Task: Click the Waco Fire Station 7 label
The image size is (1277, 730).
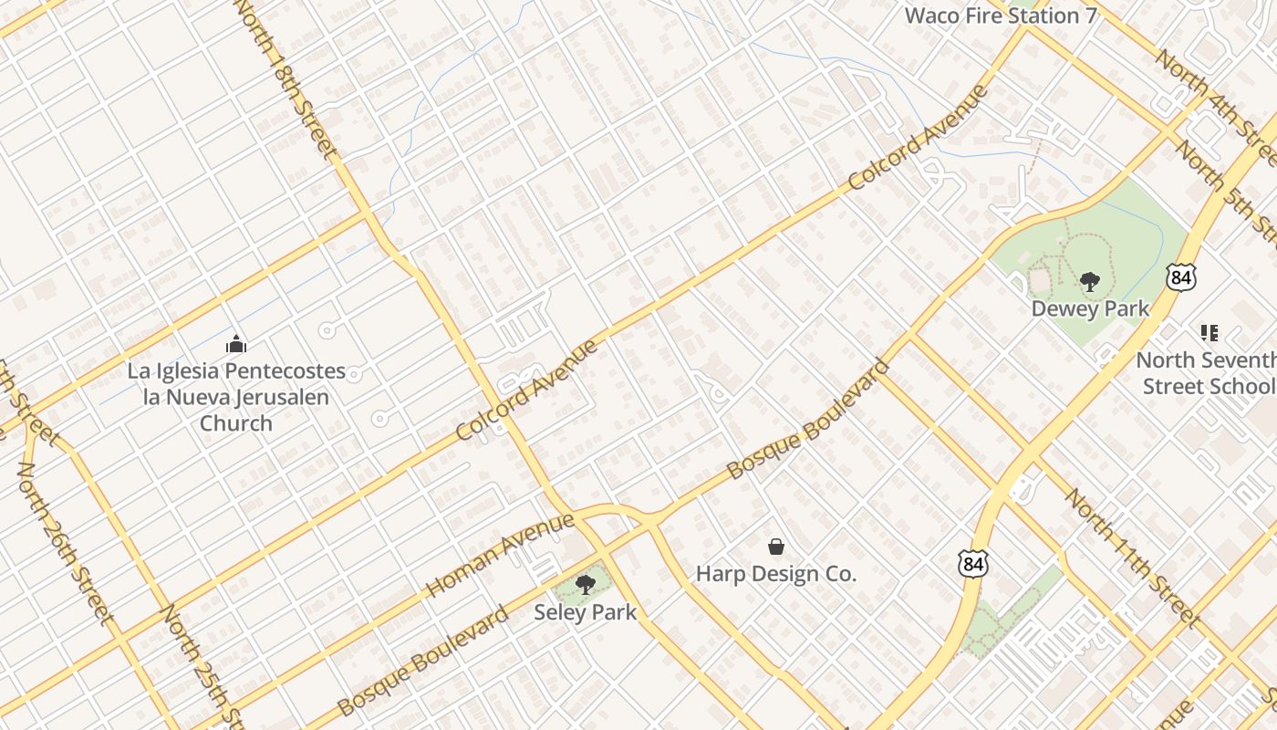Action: [1000, 16]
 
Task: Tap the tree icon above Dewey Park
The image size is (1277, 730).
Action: [1089, 281]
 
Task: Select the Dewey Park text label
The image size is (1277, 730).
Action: [1090, 309]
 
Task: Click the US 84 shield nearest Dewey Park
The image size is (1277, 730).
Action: [1181, 277]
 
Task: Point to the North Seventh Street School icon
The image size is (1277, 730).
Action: [1210, 333]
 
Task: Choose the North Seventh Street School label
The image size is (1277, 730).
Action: [1206, 373]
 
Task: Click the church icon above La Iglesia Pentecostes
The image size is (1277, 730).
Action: [236, 344]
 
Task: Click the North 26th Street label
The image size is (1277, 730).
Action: [66, 544]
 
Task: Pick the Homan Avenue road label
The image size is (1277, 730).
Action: [501, 555]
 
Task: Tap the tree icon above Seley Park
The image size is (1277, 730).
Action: [585, 584]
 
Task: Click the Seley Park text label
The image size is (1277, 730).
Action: [585, 612]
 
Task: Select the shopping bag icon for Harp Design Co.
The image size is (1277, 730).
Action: [776, 547]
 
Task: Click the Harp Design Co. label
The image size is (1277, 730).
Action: [776, 574]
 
